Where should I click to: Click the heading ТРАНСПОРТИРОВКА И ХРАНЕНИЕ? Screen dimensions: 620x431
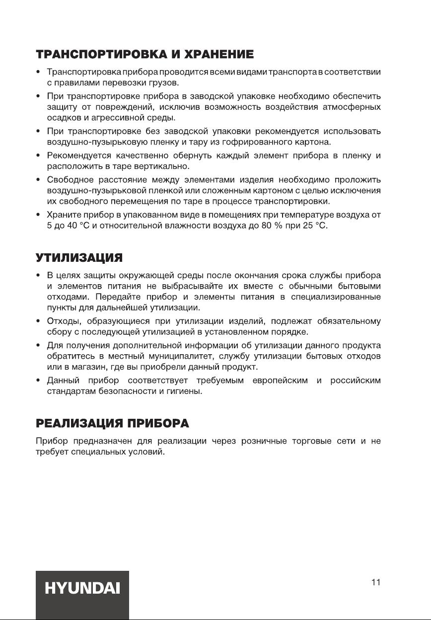coord(145,54)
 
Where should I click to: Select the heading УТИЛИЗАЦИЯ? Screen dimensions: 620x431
coord(79,258)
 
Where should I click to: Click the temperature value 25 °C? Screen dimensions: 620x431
coord(316,227)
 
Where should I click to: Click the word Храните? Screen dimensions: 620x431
coord(62,216)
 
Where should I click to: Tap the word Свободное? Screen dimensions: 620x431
coord(68,179)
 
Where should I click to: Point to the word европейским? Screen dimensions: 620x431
coord(286,381)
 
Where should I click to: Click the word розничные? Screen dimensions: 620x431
coord(263,440)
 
